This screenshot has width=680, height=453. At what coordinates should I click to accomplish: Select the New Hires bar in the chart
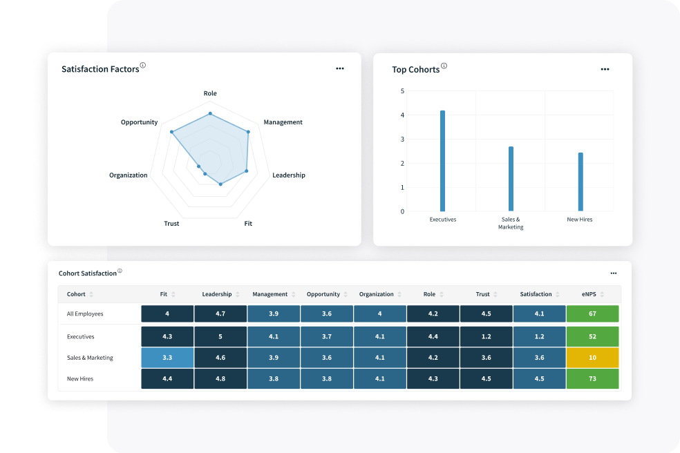(x=580, y=182)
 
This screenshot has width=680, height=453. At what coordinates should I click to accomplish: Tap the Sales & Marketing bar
(x=511, y=179)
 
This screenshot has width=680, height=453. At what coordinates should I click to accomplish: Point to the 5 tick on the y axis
(x=402, y=91)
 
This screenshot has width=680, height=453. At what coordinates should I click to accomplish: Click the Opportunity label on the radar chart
(x=139, y=122)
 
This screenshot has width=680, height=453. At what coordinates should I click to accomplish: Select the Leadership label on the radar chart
(x=288, y=175)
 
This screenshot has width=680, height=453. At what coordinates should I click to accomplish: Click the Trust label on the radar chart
(x=171, y=224)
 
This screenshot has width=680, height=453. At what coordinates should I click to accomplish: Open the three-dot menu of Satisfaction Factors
(x=340, y=68)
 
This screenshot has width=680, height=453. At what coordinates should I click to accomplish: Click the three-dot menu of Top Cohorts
(x=605, y=69)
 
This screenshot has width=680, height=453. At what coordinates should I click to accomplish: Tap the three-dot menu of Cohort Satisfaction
(x=614, y=273)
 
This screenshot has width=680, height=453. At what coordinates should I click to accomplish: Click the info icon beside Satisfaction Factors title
(x=143, y=66)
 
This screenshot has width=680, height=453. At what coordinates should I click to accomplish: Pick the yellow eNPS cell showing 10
(x=592, y=358)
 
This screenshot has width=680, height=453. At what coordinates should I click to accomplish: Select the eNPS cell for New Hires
(x=592, y=378)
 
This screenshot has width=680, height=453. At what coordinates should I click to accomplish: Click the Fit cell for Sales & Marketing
(x=167, y=358)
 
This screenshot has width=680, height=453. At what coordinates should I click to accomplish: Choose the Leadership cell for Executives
(x=220, y=336)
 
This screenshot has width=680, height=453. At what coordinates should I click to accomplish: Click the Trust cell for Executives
(x=486, y=336)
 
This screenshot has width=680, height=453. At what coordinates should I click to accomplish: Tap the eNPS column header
(x=589, y=294)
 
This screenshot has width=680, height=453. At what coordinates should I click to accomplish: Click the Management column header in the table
(x=270, y=294)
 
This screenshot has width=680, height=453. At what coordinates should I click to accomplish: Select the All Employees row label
(x=85, y=314)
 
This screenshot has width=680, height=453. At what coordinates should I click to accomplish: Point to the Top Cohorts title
(x=415, y=70)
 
